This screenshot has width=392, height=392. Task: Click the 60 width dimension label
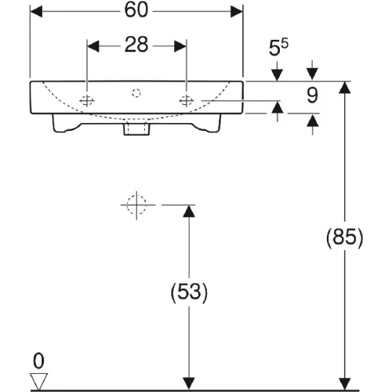[x=136, y=10]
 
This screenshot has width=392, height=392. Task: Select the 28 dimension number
[x=136, y=45]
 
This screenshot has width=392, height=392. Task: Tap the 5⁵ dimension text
[x=278, y=47]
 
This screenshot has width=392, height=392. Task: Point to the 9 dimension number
[x=312, y=95]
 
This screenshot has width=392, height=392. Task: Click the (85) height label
[x=345, y=237]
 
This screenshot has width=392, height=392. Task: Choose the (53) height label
[x=189, y=292]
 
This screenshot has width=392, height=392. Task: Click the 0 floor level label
[x=38, y=361]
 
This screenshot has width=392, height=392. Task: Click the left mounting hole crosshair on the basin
[x=87, y=100]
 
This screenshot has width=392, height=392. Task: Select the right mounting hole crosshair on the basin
[x=187, y=100]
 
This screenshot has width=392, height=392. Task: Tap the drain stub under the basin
[x=136, y=129]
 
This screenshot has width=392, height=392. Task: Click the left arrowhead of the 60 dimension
[x=36, y=12]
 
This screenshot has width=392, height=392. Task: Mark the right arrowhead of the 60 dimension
[x=237, y=12]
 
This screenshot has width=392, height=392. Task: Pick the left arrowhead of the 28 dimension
[x=93, y=46]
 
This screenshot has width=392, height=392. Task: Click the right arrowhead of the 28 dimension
[x=180, y=46]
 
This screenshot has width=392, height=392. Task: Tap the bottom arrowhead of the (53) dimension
[x=189, y=383]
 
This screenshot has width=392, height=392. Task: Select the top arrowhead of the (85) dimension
[x=345, y=88]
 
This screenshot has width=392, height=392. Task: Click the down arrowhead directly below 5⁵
[x=277, y=75]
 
